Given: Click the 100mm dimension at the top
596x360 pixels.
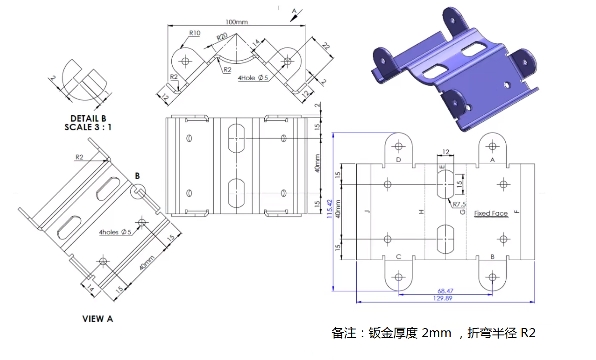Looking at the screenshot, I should coord(236,22).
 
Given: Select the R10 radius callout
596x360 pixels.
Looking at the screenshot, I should coord(195,33).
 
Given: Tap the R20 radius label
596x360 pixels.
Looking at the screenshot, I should coord(222,36).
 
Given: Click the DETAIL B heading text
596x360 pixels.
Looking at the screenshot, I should coord(88,118).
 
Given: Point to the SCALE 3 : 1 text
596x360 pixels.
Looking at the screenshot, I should coord(88,127).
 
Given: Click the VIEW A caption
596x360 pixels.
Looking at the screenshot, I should coord(98,319).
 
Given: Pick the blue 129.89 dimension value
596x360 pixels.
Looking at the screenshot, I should coord(444,298).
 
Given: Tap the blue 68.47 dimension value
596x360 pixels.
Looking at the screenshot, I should coord(445,291).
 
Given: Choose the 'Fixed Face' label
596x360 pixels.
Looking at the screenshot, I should coord(491,213).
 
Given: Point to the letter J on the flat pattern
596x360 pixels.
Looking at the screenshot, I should coord(366,212).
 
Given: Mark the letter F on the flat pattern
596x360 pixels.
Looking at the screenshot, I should coord(516,212).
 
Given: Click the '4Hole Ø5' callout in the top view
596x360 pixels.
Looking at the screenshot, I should coord(252,78).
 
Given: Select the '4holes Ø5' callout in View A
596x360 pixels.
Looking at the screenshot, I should coord(115,232).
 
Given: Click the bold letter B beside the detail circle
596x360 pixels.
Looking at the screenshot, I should coord(137,176).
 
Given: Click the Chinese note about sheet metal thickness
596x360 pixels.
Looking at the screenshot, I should coord(433,333).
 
